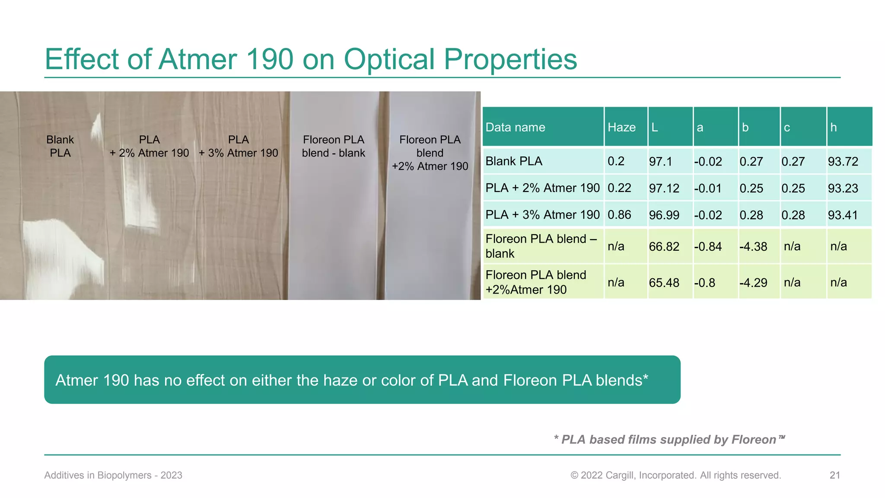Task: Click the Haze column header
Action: point(621,127)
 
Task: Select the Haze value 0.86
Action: point(619,215)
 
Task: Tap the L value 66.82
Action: point(664,246)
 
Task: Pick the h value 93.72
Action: point(843,161)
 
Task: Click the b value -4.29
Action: point(753,283)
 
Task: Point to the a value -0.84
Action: point(708,246)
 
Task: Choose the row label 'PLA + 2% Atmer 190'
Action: point(542,188)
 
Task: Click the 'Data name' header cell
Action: point(515,127)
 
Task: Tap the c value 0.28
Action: point(793,215)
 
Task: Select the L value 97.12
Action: point(664,188)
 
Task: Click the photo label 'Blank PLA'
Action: point(60,146)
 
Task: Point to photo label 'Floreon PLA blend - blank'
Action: point(334,146)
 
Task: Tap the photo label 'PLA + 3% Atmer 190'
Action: point(239,146)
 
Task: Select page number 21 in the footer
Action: point(834,475)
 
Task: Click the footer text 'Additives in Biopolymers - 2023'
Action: point(113,475)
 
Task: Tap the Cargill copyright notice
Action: point(675,475)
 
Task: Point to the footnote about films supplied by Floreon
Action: point(669,440)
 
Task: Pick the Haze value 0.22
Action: point(619,188)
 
